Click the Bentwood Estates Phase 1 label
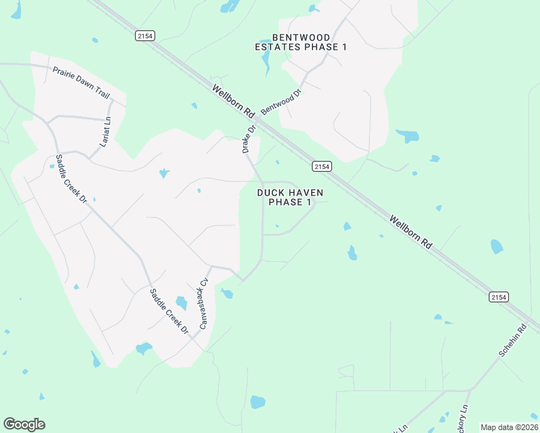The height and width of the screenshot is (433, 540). [x=301, y=42]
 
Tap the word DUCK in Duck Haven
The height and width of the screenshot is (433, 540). [x=271, y=193]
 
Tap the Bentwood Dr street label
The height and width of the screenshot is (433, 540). [x=281, y=101]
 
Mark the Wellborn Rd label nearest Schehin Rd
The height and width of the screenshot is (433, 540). [x=411, y=232]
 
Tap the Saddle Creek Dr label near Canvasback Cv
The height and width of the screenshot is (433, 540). [x=168, y=311]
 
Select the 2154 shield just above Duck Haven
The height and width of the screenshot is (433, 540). [x=322, y=167]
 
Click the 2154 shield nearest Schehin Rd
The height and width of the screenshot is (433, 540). [x=498, y=297]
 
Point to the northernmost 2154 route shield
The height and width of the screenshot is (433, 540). [x=144, y=36]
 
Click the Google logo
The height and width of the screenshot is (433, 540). [x=24, y=424]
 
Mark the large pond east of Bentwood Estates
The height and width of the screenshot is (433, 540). [x=408, y=136]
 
